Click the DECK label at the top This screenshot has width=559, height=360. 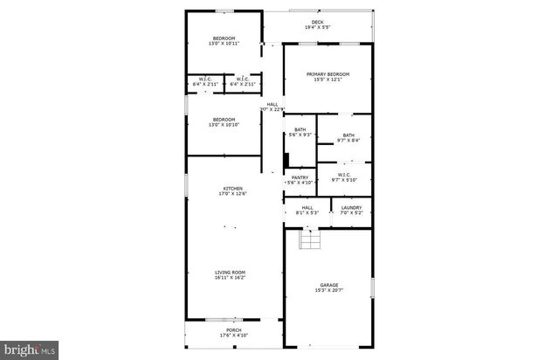pos(317,22)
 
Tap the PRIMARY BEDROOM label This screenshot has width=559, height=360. pos(328,74)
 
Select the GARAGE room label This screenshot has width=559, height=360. pos(328,284)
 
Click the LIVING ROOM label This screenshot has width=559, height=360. pos(231,272)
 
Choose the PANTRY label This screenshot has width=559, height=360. pos(300,177)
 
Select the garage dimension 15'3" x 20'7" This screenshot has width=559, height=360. pos(328,290)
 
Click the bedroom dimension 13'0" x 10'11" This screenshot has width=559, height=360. pos(224,43)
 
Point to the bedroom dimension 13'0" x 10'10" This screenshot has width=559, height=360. pos(224,125)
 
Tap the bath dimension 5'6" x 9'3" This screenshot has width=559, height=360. pos(300,135)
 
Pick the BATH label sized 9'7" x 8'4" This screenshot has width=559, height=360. pos(349,135)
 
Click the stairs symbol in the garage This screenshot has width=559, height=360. pos(307,239)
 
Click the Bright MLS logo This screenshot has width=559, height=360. pos(31,350)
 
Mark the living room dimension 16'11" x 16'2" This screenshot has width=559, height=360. pos(231,278)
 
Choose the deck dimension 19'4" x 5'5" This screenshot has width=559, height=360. pos(317,28)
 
